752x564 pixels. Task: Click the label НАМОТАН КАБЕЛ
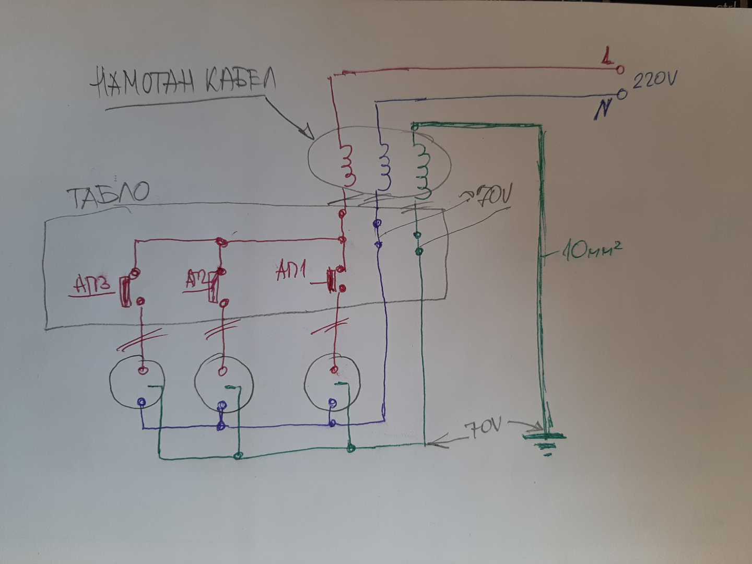tap(183, 82)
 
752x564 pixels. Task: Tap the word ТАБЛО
tap(108, 195)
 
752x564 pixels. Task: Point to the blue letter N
tap(603, 110)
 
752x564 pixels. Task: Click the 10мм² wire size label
tap(590, 252)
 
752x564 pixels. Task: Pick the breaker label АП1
tap(291, 271)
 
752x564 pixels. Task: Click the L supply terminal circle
tap(620, 69)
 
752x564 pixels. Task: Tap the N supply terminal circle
tap(621, 95)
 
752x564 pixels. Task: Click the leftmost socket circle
tap(137, 384)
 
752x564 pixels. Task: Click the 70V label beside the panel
tap(491, 196)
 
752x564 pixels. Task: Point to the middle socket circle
tap(224, 384)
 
